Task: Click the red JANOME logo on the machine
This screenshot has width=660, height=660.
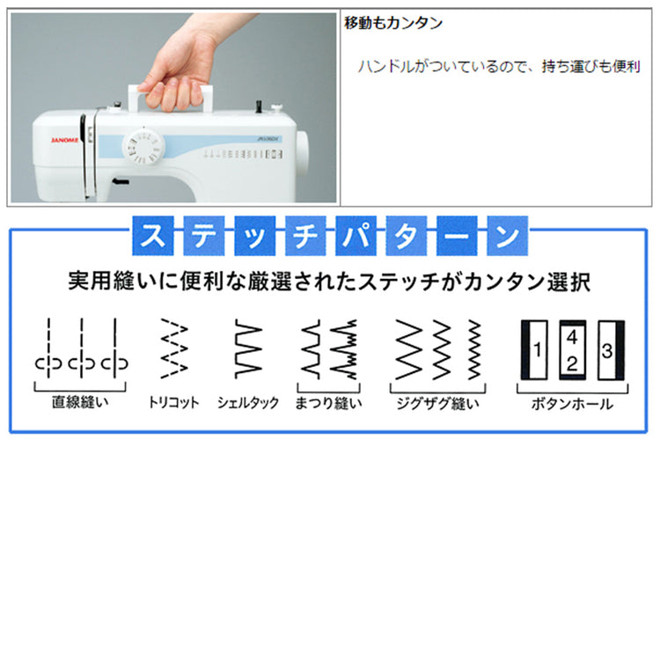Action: (65, 140)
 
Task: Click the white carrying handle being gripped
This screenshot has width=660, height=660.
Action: (171, 98)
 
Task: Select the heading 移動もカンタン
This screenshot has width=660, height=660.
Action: (393, 23)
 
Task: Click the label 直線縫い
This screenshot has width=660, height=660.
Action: (80, 402)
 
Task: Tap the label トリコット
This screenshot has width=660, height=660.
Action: (173, 402)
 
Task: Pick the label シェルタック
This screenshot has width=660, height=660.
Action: (248, 403)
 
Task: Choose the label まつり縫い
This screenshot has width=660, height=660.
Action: (328, 403)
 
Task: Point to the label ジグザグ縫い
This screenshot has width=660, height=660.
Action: (437, 403)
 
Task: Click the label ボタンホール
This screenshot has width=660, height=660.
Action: (572, 404)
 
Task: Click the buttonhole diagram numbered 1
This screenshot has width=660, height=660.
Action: (534, 349)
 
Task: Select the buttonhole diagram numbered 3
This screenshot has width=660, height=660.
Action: (612, 350)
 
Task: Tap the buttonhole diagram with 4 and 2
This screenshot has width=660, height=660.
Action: (573, 349)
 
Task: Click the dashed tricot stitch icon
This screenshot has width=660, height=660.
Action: (174, 348)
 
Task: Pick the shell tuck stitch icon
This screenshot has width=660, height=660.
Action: (248, 348)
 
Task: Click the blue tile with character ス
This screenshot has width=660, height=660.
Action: (153, 236)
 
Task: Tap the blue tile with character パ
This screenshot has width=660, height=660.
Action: (356, 236)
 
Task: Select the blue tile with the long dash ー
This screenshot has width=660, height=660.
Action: (457, 236)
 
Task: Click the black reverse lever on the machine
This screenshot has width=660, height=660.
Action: (121, 181)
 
